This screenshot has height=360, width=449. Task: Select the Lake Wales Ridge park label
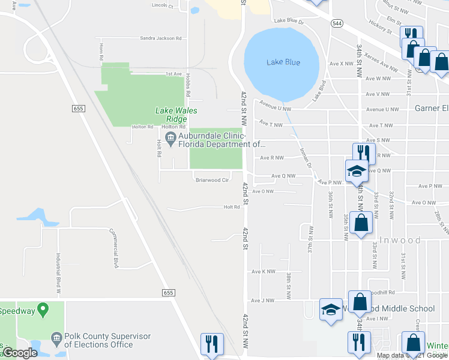pos(176,115)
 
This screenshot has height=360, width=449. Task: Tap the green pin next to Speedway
pos(43,310)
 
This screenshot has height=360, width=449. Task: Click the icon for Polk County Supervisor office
pos(57,338)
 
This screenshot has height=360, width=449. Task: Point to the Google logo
pos(20,353)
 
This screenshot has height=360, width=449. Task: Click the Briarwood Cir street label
pos(212,179)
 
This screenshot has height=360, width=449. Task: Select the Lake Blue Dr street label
pos(289,21)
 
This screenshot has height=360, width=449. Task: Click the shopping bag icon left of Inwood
pos(361,223)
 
